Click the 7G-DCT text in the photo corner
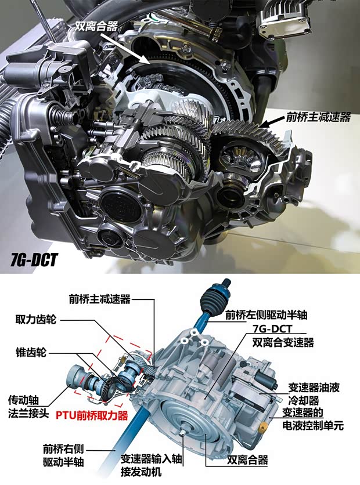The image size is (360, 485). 33,259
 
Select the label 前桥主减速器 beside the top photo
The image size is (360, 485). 318,117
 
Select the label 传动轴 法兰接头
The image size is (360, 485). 29,406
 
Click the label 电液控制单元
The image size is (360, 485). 313,425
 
